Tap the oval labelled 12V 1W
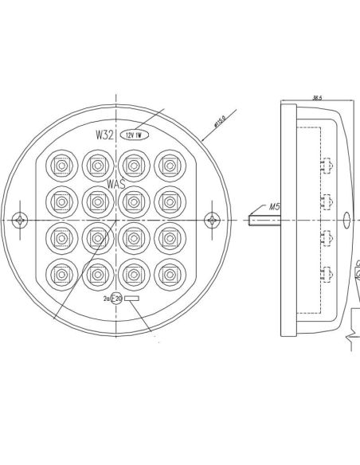132,135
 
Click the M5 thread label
274,207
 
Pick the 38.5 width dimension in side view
318,98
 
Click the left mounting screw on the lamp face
24,219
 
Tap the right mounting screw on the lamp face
212,219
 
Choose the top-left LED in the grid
59,165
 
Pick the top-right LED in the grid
168,165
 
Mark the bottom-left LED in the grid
59,273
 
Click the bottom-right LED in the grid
168,273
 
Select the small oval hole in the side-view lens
346,219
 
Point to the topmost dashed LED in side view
326,166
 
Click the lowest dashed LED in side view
326,275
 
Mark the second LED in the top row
96,165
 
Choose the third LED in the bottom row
132,273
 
